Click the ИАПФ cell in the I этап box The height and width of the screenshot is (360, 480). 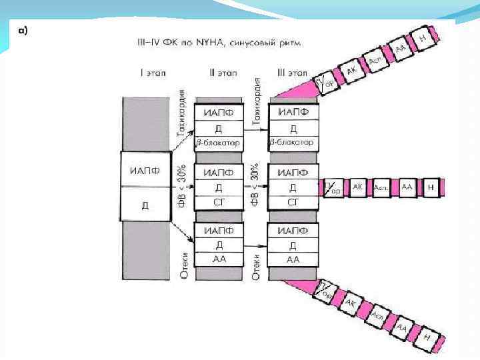pyautogui.click(x=144, y=170)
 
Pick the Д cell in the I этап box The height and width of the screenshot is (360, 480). pyautogui.click(x=144, y=204)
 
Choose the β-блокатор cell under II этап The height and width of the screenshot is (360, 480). pyautogui.click(x=218, y=143)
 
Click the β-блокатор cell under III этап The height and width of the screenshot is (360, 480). pyautogui.click(x=292, y=143)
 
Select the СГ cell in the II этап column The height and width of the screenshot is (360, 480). pyautogui.click(x=218, y=201)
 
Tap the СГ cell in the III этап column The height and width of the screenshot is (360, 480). pyautogui.click(x=292, y=201)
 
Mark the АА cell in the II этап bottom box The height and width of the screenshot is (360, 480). pyautogui.click(x=218, y=259)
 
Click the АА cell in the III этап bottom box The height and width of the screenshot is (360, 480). pyautogui.click(x=292, y=259)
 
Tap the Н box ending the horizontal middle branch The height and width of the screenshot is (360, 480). pyautogui.click(x=431, y=188)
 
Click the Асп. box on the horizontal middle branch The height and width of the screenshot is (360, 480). pyautogui.click(x=382, y=188)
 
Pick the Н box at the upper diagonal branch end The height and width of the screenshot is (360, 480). pyautogui.click(x=423, y=38)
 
